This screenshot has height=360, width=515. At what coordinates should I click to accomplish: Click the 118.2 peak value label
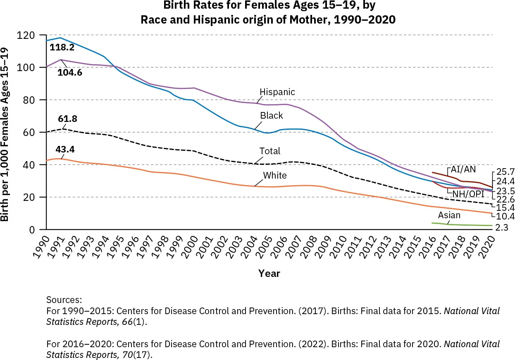[x=62, y=48]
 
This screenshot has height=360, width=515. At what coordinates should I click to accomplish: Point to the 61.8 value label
[x=67, y=119]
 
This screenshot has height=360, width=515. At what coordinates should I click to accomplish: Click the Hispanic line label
[x=277, y=92]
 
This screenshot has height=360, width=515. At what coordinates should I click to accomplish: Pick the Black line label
[x=271, y=116]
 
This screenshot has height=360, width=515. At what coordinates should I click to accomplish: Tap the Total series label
[x=269, y=151]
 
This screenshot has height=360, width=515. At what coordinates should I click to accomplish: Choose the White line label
[x=275, y=175]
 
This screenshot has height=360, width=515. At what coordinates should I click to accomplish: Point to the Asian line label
[x=449, y=215]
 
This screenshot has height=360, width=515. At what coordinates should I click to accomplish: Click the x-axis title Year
[x=269, y=273]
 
